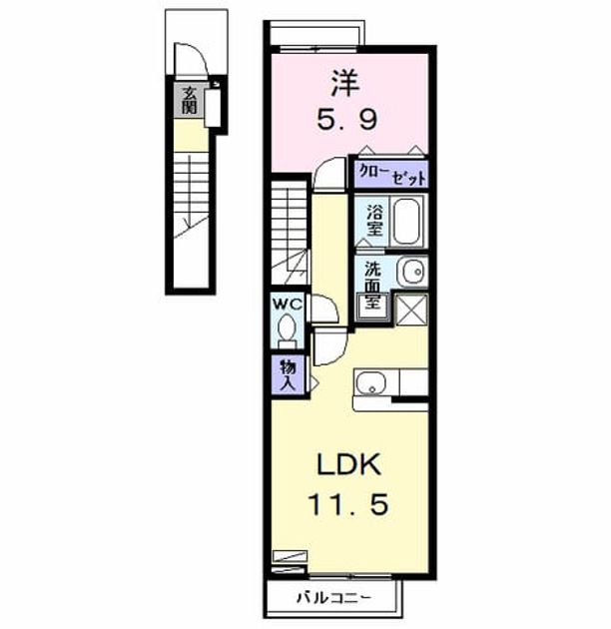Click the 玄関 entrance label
(x=189, y=101)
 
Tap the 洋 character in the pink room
(x=345, y=83)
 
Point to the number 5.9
(x=347, y=120)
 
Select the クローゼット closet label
(x=392, y=175)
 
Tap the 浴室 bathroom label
(x=374, y=221)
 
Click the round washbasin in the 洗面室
(x=412, y=272)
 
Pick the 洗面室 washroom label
(x=372, y=286)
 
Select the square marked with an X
(x=411, y=310)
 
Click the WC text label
(x=288, y=305)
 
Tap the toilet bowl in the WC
(x=287, y=329)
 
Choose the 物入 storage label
(x=289, y=375)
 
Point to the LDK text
(x=348, y=464)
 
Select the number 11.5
(x=348, y=504)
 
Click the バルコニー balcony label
(x=333, y=598)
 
